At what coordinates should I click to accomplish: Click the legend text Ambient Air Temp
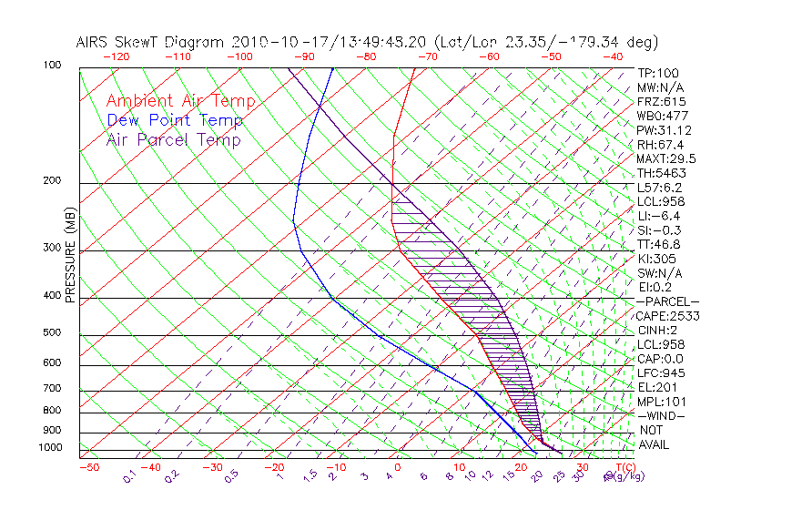pos(180,101)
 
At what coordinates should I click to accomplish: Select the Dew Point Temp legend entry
pos(174,120)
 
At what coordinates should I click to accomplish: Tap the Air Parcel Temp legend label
pos(173,139)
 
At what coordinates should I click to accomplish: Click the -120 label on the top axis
pos(116,56)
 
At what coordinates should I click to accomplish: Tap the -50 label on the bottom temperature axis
pos(88,467)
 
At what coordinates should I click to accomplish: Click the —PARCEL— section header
pos(668,301)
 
